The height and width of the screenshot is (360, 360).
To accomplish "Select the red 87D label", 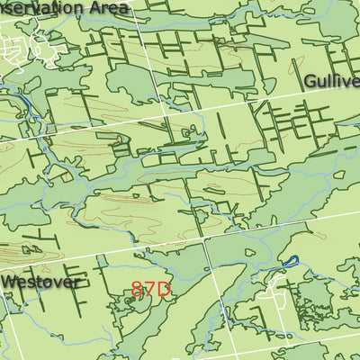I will point(150,289).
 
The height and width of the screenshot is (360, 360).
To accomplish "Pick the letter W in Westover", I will point(9,281).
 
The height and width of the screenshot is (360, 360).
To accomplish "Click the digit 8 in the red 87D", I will point(138,289).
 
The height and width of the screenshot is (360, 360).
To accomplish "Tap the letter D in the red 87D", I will point(163,289).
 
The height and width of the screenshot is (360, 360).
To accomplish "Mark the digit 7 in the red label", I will point(149,289).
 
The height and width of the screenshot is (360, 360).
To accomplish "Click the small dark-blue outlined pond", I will point(289,261).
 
